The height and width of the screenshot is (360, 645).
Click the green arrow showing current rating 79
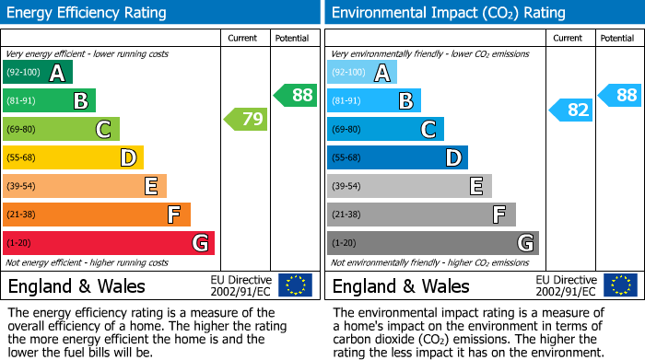(x=245, y=119)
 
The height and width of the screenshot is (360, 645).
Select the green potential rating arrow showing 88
(x=296, y=95)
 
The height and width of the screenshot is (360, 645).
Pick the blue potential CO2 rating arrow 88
(x=620, y=95)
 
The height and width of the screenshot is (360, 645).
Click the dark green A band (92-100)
(x=38, y=73)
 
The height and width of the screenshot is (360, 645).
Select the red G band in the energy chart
(x=109, y=243)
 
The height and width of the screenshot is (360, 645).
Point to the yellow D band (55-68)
(x=73, y=158)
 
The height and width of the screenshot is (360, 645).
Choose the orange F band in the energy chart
(x=97, y=215)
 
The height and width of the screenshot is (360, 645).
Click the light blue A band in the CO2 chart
(x=362, y=73)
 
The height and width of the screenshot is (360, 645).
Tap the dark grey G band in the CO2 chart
(x=432, y=243)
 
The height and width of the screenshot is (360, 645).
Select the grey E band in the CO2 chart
(x=409, y=187)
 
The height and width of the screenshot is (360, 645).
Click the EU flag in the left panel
(x=296, y=285)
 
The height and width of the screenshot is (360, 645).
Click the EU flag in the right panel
(x=620, y=285)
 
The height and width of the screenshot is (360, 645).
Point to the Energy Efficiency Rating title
(x=88, y=13)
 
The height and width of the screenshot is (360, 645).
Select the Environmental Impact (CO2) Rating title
(x=448, y=13)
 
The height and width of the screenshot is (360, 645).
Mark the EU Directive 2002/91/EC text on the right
(x=566, y=285)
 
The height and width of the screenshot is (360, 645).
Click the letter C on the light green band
(x=104, y=130)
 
